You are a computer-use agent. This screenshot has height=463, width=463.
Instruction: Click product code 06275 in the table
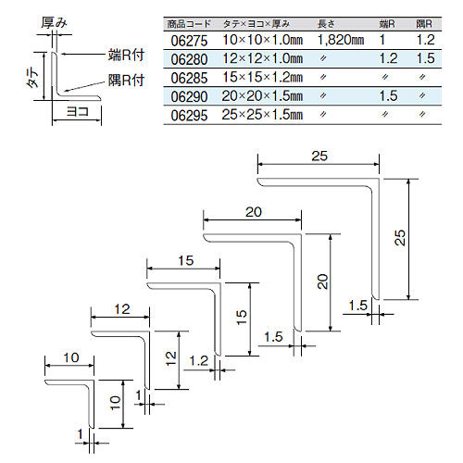[x=189, y=41]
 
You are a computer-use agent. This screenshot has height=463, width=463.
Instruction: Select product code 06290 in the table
[x=189, y=96]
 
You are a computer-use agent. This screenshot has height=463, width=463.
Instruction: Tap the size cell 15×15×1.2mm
[x=262, y=78]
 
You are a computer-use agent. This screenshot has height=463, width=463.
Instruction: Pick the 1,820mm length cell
[x=341, y=40]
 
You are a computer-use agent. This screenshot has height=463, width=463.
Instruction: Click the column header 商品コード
[x=189, y=24]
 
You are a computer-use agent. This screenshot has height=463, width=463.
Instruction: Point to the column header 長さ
[x=326, y=24]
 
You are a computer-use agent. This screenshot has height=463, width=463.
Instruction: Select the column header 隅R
[x=424, y=24]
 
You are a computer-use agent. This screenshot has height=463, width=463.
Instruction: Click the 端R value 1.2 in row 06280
[x=388, y=58]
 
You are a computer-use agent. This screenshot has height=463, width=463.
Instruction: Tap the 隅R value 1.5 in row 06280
[x=425, y=58]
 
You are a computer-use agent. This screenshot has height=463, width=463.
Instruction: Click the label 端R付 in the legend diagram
[x=126, y=55]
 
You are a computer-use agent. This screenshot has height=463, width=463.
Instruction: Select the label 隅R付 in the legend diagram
[x=126, y=81]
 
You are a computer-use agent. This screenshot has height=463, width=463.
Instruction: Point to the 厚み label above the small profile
[x=55, y=22]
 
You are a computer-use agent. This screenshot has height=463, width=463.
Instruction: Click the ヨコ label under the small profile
[x=78, y=111]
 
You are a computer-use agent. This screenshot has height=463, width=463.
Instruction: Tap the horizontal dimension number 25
[x=319, y=156]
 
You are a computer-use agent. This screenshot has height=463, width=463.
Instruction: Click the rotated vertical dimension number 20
[x=322, y=282]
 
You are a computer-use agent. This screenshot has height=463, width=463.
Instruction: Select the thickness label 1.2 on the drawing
[x=199, y=360]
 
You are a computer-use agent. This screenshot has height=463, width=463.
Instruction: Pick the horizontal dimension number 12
[x=122, y=309]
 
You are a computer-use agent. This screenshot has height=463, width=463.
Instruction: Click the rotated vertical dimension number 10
[x=115, y=403]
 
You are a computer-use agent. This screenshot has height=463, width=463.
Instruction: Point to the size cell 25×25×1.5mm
[x=262, y=115]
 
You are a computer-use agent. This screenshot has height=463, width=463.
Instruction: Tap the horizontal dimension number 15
[x=185, y=261]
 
